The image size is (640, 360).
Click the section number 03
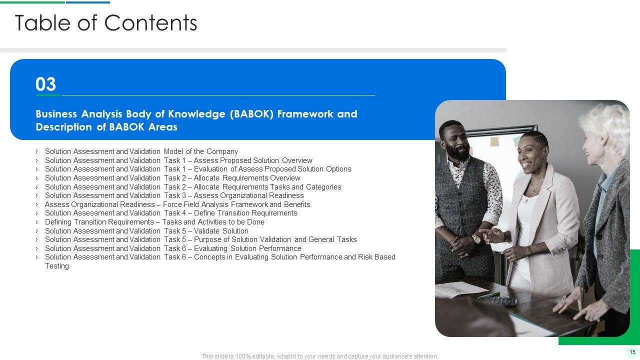pyautogui.click(x=45, y=84)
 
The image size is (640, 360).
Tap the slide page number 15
pyautogui.click(x=632, y=352)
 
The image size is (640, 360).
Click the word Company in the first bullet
pyautogui.click(x=222, y=151)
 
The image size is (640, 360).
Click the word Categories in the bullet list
pyautogui.click(x=323, y=187)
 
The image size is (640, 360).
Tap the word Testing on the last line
pyautogui.click(x=57, y=266)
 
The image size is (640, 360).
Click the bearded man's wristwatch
pyautogui.click(x=476, y=239)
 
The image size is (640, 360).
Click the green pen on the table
pyautogui.click(x=489, y=295)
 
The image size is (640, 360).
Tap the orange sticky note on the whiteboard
pyautogui.click(x=494, y=141)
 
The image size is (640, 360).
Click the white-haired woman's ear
pyautogui.click(x=604, y=140)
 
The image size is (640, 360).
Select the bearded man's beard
pyautogui.click(x=457, y=151)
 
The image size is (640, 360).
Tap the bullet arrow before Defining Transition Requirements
pyautogui.click(x=37, y=222)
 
